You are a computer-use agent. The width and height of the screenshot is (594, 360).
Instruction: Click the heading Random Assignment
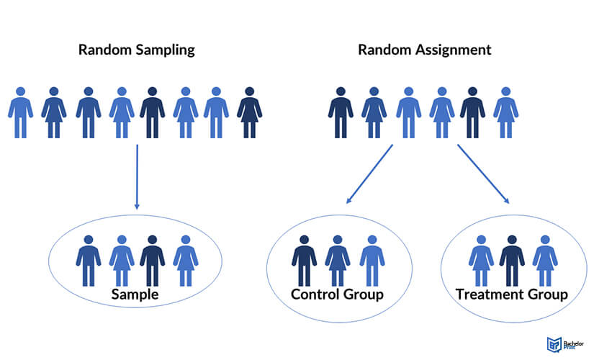(424, 50)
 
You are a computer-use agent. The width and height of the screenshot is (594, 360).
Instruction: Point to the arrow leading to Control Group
(369, 174)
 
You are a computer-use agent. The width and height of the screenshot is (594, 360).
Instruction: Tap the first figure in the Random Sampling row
(20, 112)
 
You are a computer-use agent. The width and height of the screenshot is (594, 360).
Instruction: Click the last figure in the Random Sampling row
(249, 112)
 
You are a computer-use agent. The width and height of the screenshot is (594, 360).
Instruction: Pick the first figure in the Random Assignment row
(341, 112)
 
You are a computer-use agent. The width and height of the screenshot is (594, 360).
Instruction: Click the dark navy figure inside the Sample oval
(152, 259)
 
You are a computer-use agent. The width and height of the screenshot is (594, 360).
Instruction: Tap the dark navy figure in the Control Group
(304, 259)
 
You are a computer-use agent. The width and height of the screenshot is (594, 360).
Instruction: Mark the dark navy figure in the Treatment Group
(512, 259)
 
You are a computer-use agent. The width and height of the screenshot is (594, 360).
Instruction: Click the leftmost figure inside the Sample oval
(88, 259)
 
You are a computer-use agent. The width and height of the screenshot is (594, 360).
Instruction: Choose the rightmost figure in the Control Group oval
(372, 259)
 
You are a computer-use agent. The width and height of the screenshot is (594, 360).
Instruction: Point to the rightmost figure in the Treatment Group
(544, 259)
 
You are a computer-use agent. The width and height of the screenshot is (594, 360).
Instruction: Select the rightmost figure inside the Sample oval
(185, 259)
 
